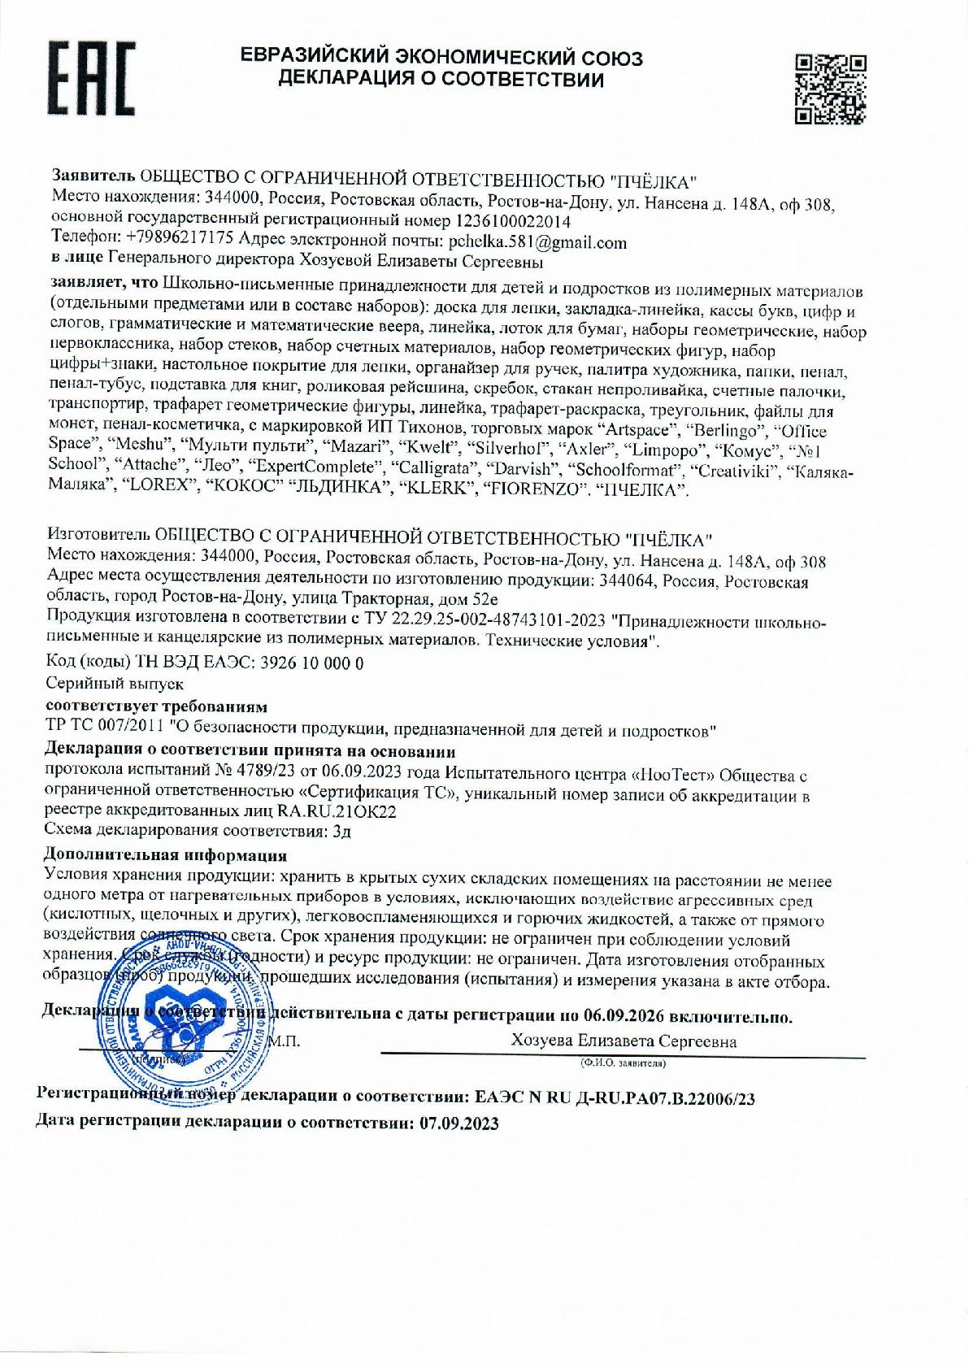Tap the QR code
(x=830, y=89)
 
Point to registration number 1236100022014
(x=513, y=220)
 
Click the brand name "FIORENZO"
(x=537, y=490)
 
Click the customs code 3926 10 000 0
(x=311, y=663)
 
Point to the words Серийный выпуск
(x=114, y=684)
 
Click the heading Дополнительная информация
(x=164, y=855)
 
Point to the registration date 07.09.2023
(x=459, y=1123)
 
